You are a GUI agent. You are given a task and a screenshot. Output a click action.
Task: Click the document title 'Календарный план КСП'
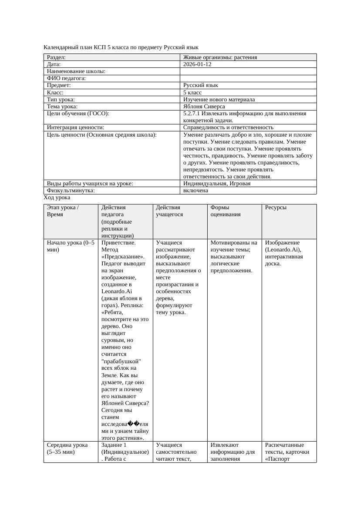(121, 47)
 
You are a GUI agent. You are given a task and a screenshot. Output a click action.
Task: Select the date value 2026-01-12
(197, 64)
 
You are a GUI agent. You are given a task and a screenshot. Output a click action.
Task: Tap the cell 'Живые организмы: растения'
(220, 57)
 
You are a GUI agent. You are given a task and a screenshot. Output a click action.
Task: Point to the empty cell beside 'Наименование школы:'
(248, 71)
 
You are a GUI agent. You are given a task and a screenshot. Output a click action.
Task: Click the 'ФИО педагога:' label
(66, 78)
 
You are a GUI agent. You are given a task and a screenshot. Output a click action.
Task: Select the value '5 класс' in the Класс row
(192, 93)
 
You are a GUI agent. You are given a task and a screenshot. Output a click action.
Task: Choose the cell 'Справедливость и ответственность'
(228, 127)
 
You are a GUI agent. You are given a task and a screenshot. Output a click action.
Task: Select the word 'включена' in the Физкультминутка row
(195, 191)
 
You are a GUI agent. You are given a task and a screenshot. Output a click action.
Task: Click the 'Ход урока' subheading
(57, 198)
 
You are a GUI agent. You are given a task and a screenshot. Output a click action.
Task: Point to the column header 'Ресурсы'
(276, 208)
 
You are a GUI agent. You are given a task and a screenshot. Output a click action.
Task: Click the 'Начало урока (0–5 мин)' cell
(70, 246)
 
